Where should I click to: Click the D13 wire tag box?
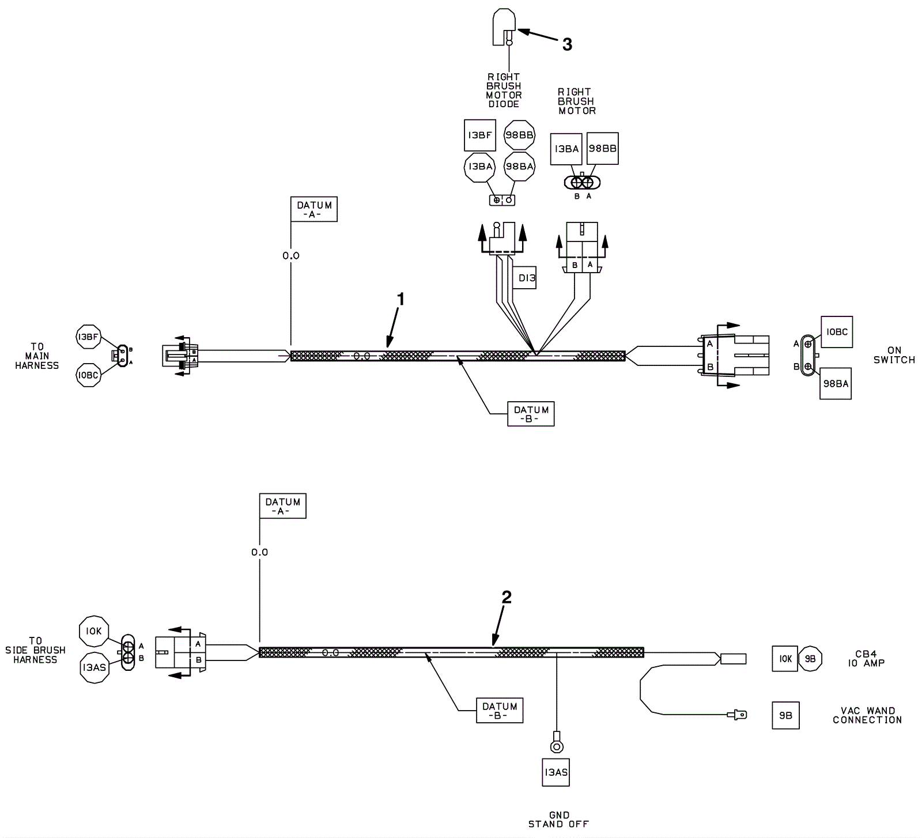[526, 278]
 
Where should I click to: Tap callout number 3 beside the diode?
[567, 44]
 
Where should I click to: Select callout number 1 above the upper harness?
[401, 299]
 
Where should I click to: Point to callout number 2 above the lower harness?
[507, 598]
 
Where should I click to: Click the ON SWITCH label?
[894, 355]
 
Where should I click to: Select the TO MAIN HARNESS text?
[37, 356]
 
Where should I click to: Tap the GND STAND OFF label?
[558, 820]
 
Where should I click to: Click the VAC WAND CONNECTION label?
[867, 715]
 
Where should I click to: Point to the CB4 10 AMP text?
[866, 659]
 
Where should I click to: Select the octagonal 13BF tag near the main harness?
[88, 337]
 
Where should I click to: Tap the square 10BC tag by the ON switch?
[836, 332]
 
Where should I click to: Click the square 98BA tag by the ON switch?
[836, 384]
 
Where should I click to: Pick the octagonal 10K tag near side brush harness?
[93, 631]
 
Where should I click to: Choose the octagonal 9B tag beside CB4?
[810, 659]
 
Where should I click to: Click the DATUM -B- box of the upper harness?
[531, 414]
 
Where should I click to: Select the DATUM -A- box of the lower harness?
[282, 506]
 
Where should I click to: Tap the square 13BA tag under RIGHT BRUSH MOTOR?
[566, 149]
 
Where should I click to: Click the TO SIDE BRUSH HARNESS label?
[35, 650]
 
